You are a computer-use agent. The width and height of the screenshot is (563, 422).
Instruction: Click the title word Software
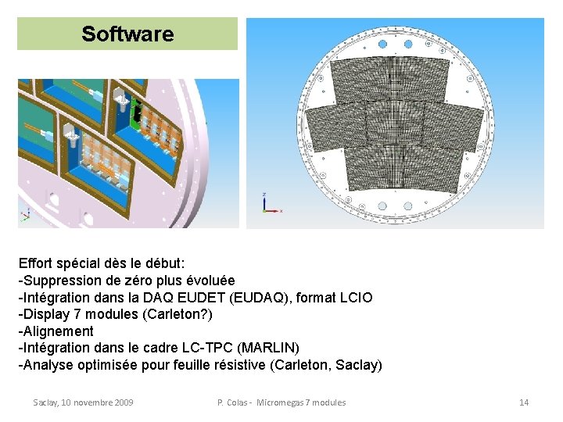127,34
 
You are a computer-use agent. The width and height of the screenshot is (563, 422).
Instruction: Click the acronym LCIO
353,298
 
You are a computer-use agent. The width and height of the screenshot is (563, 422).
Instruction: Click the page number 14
524,402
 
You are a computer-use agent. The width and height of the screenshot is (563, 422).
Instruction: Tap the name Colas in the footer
239,402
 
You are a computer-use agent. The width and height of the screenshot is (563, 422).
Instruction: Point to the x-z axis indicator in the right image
269,204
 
